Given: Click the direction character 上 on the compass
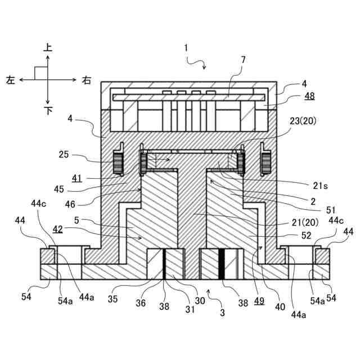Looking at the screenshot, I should click(48, 49).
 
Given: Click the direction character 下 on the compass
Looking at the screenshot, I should click(48, 111).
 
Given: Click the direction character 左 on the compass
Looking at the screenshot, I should click(11, 80).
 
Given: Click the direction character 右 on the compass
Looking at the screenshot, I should click(86, 80).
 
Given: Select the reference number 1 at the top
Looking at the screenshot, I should click(186, 48).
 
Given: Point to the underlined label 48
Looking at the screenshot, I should click(309, 96).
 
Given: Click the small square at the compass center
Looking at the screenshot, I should click(40, 73).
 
